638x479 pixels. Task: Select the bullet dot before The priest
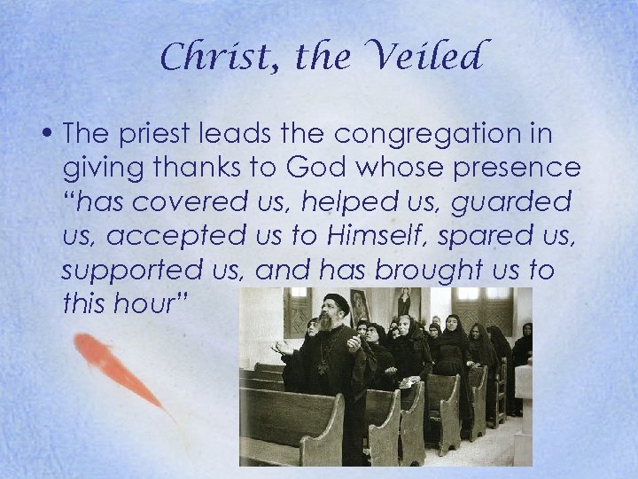pos(51,135)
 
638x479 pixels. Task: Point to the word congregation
pos(453,135)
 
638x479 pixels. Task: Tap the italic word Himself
pos(364,237)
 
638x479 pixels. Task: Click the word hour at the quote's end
pos(148,304)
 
